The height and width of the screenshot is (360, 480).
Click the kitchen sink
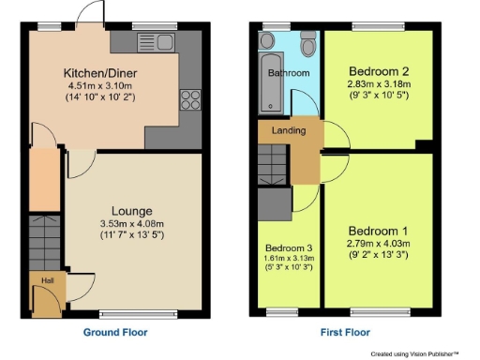coord(154,41)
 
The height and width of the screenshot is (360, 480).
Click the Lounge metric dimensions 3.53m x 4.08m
coord(132,224)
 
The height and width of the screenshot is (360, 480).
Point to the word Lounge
coord(132,211)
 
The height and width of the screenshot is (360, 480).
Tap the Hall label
coord(45,278)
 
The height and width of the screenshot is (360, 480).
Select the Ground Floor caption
coord(116,331)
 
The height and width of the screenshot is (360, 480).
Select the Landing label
coord(288,130)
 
